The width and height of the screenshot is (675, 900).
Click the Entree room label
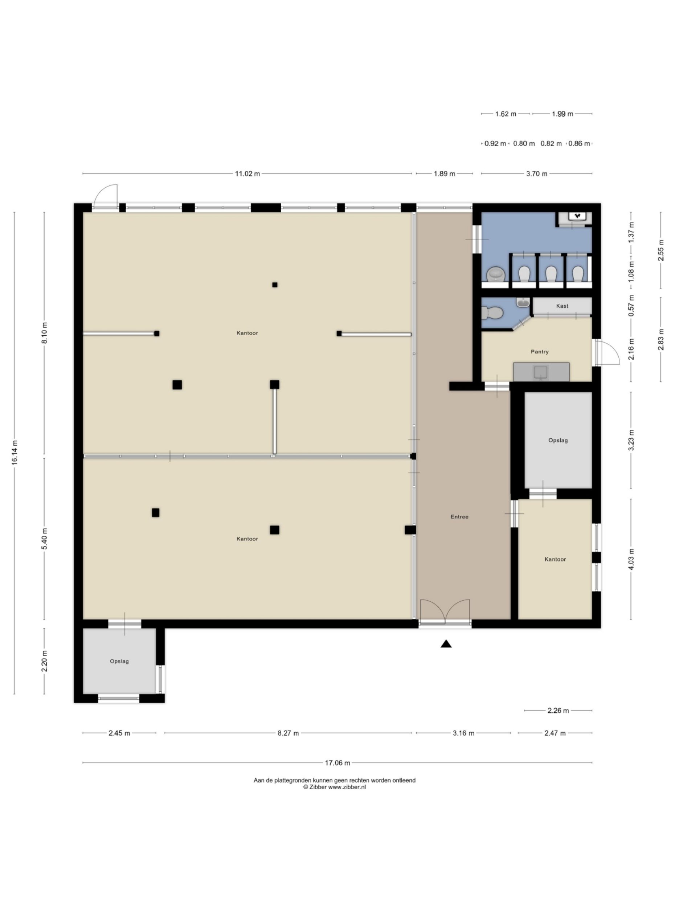tap(459, 517)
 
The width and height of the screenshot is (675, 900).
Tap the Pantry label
tap(539, 352)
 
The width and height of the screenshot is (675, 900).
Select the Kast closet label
tap(561, 306)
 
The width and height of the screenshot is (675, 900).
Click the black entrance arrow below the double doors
tap(446, 644)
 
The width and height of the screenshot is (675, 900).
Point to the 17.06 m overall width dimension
tap(337, 763)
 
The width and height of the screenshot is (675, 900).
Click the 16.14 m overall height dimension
tap(15, 452)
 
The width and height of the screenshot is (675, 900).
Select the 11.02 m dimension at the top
tap(247, 174)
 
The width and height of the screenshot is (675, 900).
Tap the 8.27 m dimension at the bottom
tap(288, 733)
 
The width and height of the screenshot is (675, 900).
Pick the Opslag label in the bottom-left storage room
tap(119, 661)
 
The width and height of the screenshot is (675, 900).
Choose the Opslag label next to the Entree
tap(557, 440)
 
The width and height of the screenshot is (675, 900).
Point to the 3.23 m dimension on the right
tap(631, 440)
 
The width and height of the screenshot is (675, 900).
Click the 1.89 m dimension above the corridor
tap(444, 174)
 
